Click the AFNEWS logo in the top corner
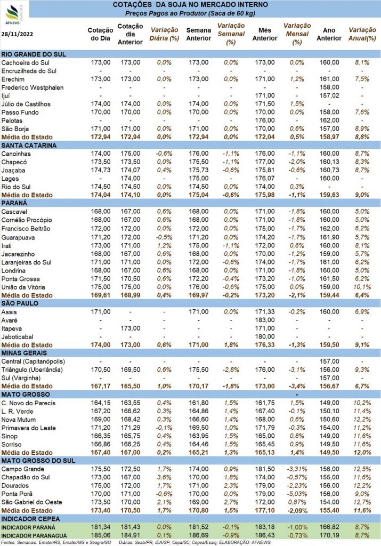14,13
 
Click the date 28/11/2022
18,34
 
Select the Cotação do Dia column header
101,34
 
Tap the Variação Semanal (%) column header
231,34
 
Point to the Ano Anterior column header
329,34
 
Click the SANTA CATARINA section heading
29,146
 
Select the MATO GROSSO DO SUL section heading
38,461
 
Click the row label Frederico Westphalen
33,87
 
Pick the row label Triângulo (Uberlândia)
32,370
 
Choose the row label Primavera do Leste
29,428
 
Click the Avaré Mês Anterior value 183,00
265,320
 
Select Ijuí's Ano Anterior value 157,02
329,95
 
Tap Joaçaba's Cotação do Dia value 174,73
101,170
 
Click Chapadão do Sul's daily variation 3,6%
164,477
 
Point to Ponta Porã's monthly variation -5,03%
297,494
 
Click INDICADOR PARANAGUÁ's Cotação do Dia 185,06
101,535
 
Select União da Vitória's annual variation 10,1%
362,287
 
